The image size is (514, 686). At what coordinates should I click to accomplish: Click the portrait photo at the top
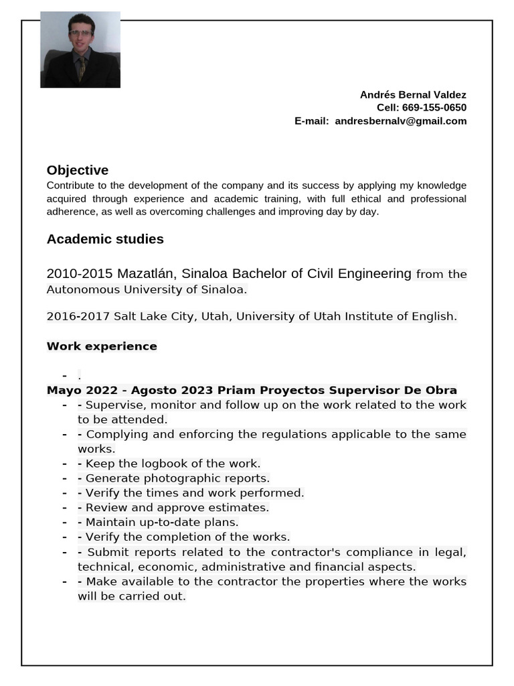[x=80, y=50]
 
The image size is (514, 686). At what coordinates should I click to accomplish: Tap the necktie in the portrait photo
[x=81, y=68]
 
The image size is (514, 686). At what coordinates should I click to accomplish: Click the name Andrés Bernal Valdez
[x=413, y=94]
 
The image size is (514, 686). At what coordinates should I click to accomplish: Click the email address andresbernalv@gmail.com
[x=400, y=121]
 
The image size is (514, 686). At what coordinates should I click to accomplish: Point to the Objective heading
[x=78, y=170]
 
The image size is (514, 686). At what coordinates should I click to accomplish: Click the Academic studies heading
[x=105, y=239]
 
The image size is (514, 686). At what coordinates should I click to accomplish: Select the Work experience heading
[x=102, y=346]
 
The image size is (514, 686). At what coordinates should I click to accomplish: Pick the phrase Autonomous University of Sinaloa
[x=146, y=289]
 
